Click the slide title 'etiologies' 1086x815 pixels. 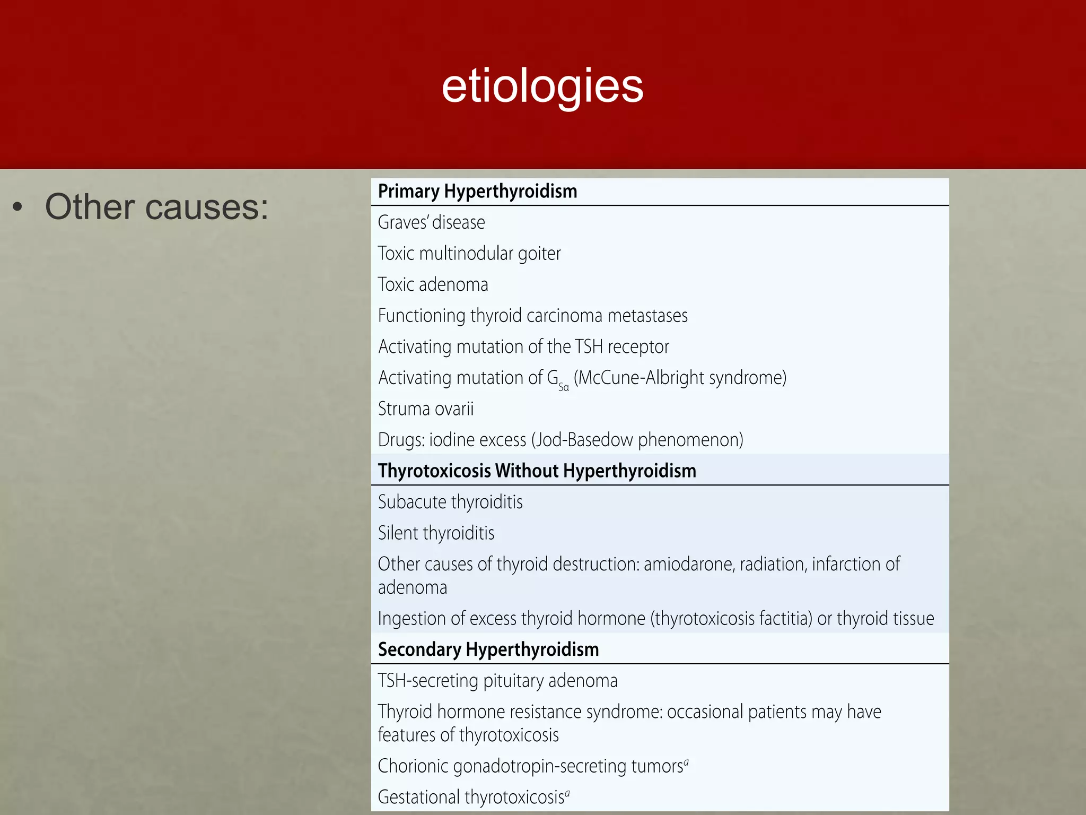pos(542,86)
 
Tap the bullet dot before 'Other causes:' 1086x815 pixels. pos(18,207)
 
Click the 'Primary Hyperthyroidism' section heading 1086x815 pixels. pos(477,192)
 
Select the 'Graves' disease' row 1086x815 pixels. pos(431,222)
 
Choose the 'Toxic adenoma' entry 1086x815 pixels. pos(433,285)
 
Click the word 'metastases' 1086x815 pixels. pos(647,316)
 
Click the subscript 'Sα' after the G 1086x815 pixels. pos(564,387)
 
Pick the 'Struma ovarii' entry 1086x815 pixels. pos(425,409)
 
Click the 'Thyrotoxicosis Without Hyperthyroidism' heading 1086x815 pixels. pos(537,471)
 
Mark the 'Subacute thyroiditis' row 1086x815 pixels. pos(450,502)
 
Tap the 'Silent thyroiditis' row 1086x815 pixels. pos(436,533)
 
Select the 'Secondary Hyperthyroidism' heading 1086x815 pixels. pos(488,650)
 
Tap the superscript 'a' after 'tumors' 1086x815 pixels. pos(686,761)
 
